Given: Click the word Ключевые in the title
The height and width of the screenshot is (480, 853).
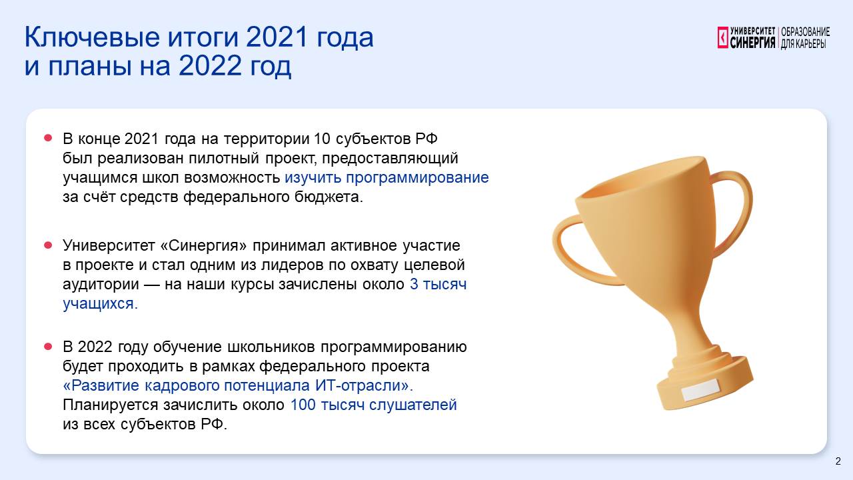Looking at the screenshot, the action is pos(93,38).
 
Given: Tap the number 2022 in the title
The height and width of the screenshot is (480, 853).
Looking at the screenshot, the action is pos(210,65).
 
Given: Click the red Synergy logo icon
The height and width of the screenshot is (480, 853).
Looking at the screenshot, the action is pos(723,37).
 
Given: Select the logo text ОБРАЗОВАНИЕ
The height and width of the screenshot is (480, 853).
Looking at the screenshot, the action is pos(806,32).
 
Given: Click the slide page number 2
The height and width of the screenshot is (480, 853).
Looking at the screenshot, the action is pos(838,461).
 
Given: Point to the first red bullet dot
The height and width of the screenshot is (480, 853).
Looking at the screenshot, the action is pos(48,137).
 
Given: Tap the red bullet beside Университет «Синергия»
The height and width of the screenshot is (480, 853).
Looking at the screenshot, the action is pos(48,245).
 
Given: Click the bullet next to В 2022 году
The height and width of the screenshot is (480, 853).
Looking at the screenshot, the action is pos(48,346).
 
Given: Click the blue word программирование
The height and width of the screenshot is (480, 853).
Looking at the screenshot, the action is pos(417,178).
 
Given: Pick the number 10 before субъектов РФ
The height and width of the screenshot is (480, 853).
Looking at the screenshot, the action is pos(322,139).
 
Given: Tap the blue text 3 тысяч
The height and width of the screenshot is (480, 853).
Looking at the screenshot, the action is pos(438,285).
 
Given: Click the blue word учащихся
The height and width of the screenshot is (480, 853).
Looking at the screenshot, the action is pos(100,304).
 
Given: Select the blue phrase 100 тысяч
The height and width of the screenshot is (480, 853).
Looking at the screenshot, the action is pos(327,405).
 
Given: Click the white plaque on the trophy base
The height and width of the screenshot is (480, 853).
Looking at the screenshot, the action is pos(700,390).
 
